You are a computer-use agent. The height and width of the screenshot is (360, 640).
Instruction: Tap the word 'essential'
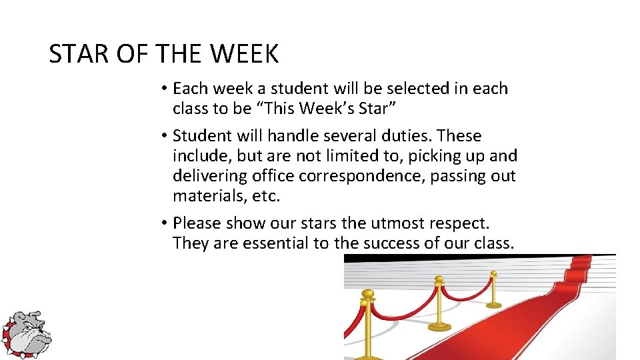coord(276,243)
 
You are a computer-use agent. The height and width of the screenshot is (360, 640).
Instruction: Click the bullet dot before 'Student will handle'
coord(163,136)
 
